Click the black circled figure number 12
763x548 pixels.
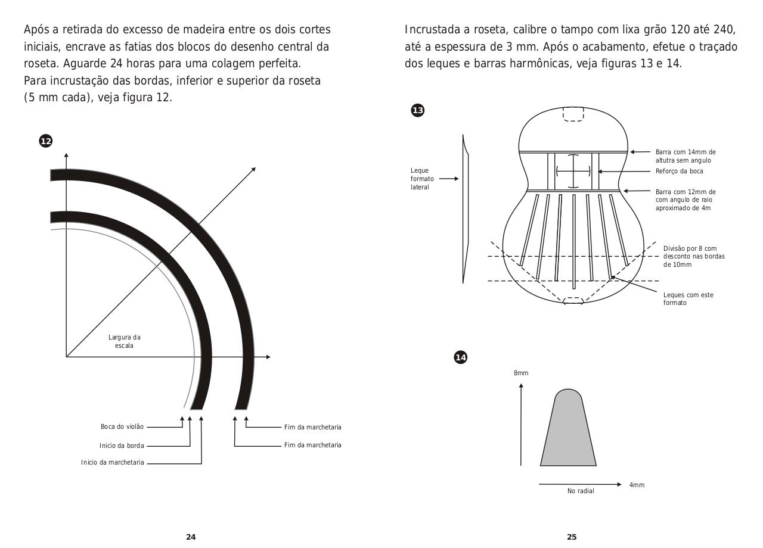click(x=46, y=141)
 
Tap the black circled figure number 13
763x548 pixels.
click(x=418, y=110)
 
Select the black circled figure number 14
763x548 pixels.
click(x=461, y=357)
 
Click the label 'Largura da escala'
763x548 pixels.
click(x=125, y=341)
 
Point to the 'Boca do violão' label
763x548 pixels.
click(x=122, y=427)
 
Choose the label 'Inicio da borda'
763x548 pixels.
click(x=122, y=446)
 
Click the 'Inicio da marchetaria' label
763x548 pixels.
click(x=113, y=463)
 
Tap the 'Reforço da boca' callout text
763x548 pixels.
click(x=679, y=172)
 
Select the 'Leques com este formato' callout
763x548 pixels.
click(x=688, y=299)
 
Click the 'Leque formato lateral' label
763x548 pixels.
click(x=422, y=179)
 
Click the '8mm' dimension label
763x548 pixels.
click(x=521, y=373)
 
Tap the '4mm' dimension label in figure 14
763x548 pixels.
click(x=637, y=485)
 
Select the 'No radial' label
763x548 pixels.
click(x=581, y=491)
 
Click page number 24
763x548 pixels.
click(x=191, y=537)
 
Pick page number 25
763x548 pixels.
click(x=572, y=537)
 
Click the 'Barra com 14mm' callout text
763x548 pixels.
click(x=686, y=156)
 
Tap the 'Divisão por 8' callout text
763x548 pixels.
click(x=694, y=256)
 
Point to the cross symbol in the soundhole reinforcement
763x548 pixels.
click(x=573, y=171)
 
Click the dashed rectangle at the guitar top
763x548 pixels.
click(x=573, y=114)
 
